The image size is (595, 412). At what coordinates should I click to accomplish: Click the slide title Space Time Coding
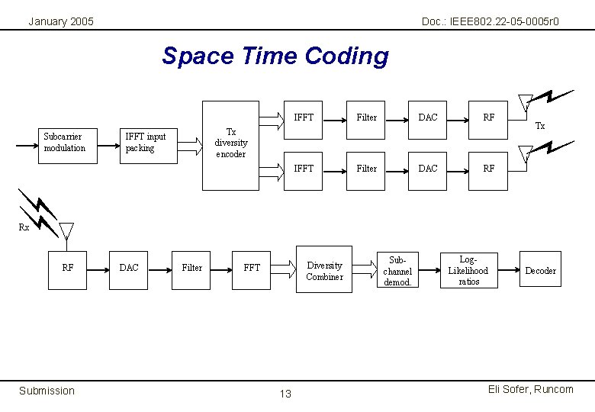[275, 56]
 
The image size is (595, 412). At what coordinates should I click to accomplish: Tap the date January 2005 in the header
[61, 21]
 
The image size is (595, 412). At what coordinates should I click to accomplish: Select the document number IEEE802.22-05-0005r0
[490, 21]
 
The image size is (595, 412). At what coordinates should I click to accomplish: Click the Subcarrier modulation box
[64, 143]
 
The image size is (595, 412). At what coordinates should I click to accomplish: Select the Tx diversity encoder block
[230, 143]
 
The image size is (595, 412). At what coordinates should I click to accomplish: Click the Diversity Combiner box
[324, 269]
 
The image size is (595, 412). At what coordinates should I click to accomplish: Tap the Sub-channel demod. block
[397, 270]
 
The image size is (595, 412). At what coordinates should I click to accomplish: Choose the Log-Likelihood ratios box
[468, 270]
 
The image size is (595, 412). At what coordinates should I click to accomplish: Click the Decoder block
[540, 270]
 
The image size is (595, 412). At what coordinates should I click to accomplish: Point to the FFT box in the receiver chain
[252, 268]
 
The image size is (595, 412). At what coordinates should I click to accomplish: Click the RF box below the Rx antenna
[68, 268]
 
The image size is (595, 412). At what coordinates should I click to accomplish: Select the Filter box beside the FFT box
[192, 268]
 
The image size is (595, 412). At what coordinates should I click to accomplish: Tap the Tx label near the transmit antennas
[540, 126]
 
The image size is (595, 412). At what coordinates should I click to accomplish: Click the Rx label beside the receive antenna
[24, 227]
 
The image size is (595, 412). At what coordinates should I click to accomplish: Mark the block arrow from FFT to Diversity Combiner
[283, 268]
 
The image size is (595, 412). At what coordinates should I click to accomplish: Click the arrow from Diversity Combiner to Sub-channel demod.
[365, 268]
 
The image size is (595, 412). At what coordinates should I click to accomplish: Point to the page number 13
[285, 394]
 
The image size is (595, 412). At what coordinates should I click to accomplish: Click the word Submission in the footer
[47, 391]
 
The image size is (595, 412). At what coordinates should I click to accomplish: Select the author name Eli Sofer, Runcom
[530, 390]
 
